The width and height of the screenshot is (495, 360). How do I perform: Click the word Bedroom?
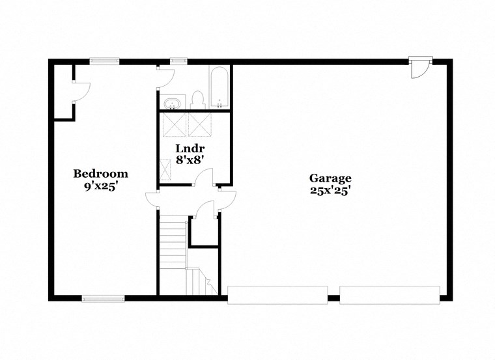click(x=100, y=174)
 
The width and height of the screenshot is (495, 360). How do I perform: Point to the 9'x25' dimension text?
click(x=100, y=186)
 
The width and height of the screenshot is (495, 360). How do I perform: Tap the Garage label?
click(x=330, y=178)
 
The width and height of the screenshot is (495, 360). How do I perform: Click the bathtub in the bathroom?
click(x=219, y=87)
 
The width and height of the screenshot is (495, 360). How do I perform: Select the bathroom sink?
click(x=173, y=103)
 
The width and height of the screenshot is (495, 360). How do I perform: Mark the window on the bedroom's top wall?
click(x=104, y=61)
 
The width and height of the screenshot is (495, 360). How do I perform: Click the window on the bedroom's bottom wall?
click(x=103, y=299)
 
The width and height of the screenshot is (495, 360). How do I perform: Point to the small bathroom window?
click(x=178, y=61)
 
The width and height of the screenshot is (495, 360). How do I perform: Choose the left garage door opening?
click(x=277, y=295)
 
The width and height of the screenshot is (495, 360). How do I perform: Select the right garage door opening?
click(x=390, y=295)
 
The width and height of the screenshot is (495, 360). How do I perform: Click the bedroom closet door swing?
click(x=81, y=92)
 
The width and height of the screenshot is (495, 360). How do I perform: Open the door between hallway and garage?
click(x=226, y=200)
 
